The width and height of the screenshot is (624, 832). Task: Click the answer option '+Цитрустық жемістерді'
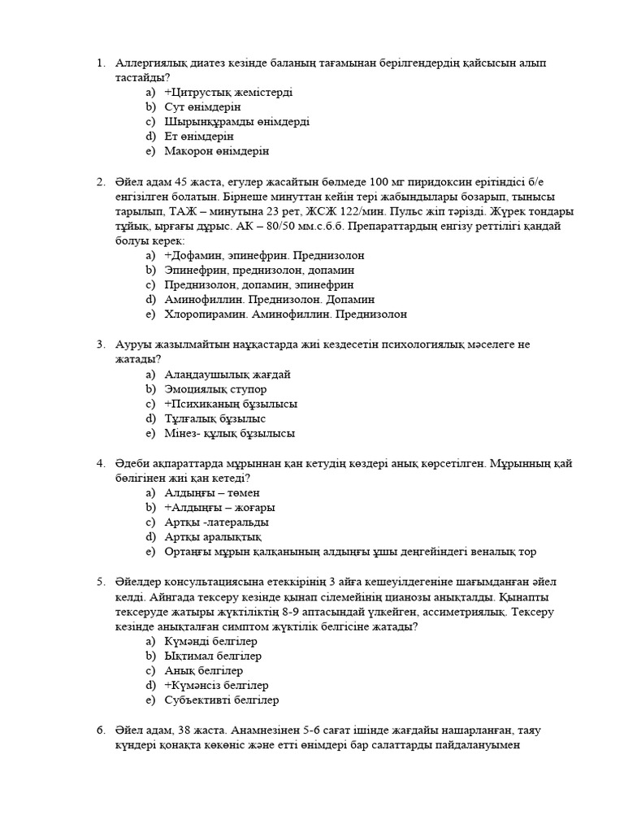(228, 93)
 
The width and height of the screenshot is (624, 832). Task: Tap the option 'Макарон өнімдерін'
(216, 151)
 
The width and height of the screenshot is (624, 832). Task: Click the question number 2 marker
(101, 181)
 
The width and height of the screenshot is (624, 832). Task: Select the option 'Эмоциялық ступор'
(215, 389)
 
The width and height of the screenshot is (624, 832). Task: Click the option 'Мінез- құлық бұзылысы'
(229, 433)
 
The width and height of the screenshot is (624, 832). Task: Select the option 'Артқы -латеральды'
(216, 522)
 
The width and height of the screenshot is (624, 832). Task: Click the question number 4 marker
(101, 463)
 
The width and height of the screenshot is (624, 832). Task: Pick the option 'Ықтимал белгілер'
(213, 656)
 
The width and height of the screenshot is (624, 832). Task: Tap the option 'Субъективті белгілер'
(222, 700)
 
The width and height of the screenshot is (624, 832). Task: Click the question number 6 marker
(101, 730)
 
